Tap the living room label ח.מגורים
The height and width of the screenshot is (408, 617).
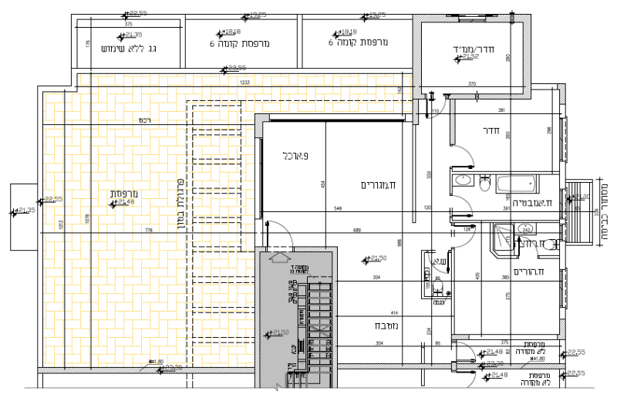coord(378,184)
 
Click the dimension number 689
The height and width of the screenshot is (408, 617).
coord(357,231)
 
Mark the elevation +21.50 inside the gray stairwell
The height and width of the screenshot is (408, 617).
coord(278,333)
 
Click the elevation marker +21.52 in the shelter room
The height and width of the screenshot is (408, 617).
coord(468,57)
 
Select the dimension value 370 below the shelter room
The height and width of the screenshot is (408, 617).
coord(472,83)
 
